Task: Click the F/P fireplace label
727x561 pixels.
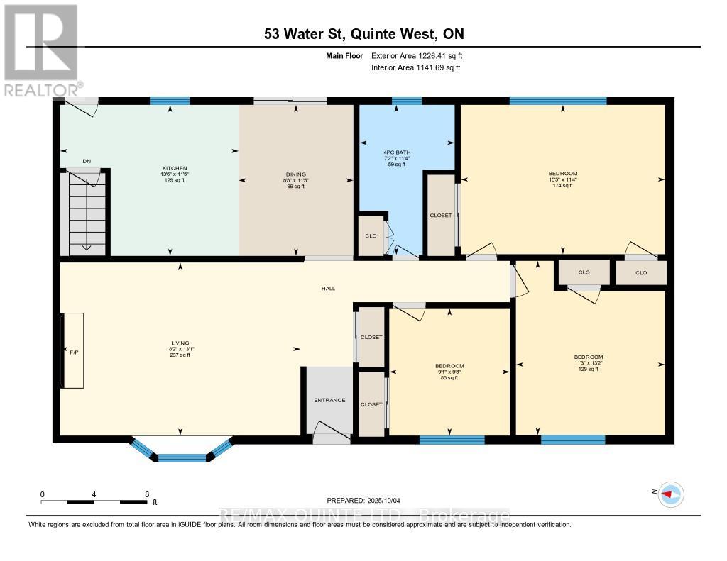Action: point(72,351)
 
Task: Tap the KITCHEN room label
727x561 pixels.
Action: point(174,168)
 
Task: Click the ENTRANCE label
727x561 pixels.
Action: point(329,400)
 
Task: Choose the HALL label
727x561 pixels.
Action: point(328,289)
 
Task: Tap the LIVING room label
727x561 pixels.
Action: point(178,342)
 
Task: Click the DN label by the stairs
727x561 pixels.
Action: point(87,161)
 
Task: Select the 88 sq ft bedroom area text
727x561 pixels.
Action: point(449,378)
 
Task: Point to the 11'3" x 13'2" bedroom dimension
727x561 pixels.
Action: point(589,363)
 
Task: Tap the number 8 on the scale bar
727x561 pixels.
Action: point(146,494)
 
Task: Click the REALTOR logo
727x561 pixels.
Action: point(40,50)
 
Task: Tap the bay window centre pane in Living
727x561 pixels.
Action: point(181,457)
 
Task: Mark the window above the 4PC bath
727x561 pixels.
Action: point(406,101)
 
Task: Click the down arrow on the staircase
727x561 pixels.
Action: point(86,246)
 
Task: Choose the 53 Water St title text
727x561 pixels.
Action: point(363,34)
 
